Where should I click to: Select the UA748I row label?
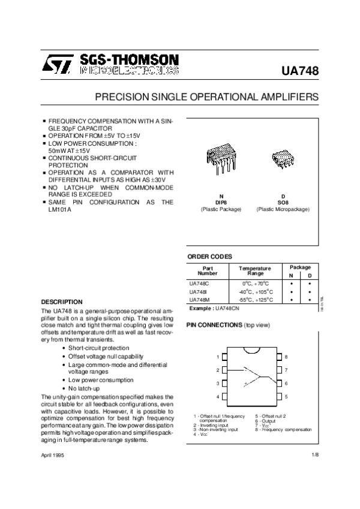click(x=198, y=291)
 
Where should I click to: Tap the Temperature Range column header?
click(x=255, y=270)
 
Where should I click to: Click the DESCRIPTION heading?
click(x=62, y=302)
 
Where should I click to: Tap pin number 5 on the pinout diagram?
click(x=286, y=397)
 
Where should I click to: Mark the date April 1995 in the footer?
click(x=52, y=457)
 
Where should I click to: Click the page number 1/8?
click(x=315, y=457)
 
